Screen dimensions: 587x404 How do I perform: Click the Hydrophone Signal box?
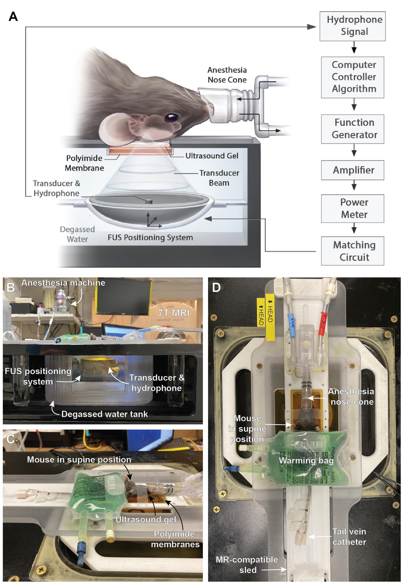coord(352,26)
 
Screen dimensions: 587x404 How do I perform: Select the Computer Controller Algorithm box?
coord(352,77)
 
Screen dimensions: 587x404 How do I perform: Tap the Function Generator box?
coord(352,129)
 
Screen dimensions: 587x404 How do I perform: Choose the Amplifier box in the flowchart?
coord(352,170)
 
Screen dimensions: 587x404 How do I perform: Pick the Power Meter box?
coord(352,208)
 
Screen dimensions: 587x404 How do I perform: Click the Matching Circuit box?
coord(352,251)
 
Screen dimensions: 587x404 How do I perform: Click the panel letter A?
coord(13,17)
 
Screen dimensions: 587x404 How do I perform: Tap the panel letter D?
coord(216,287)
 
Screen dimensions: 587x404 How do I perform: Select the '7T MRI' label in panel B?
coord(174,313)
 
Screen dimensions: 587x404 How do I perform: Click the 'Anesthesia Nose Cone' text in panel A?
coord(227,75)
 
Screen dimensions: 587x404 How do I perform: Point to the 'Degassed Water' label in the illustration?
coord(77,234)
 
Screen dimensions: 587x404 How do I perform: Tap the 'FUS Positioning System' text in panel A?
coord(150,238)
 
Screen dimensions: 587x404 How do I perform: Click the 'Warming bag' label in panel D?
coord(306,461)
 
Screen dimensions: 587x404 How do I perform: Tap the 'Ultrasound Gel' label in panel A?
coord(212,156)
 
